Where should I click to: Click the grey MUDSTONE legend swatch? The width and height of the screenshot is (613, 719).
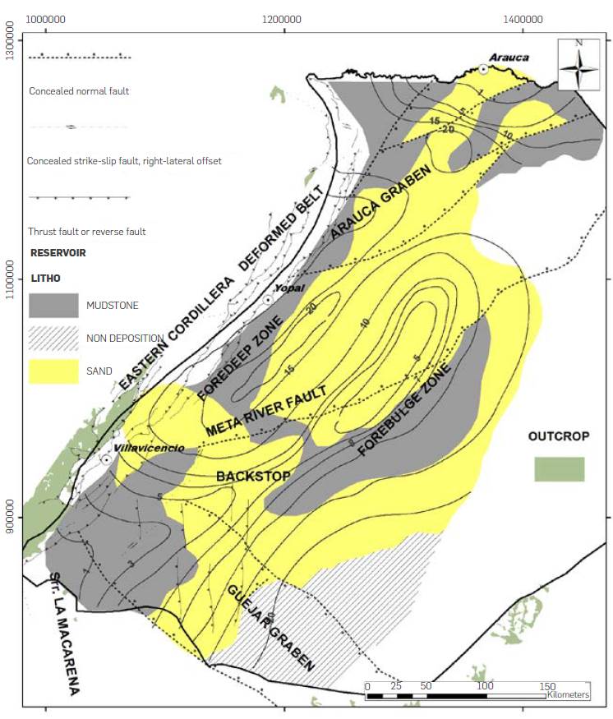53,305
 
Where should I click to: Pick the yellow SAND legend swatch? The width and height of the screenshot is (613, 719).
53,371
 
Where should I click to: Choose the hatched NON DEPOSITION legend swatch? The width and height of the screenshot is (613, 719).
53,339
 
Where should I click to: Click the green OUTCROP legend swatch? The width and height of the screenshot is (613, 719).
559,469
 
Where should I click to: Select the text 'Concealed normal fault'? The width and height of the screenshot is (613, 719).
78,91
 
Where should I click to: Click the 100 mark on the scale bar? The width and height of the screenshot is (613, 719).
485,685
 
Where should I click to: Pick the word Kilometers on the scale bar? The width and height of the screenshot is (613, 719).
569,695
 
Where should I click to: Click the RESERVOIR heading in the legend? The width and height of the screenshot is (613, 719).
58,252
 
